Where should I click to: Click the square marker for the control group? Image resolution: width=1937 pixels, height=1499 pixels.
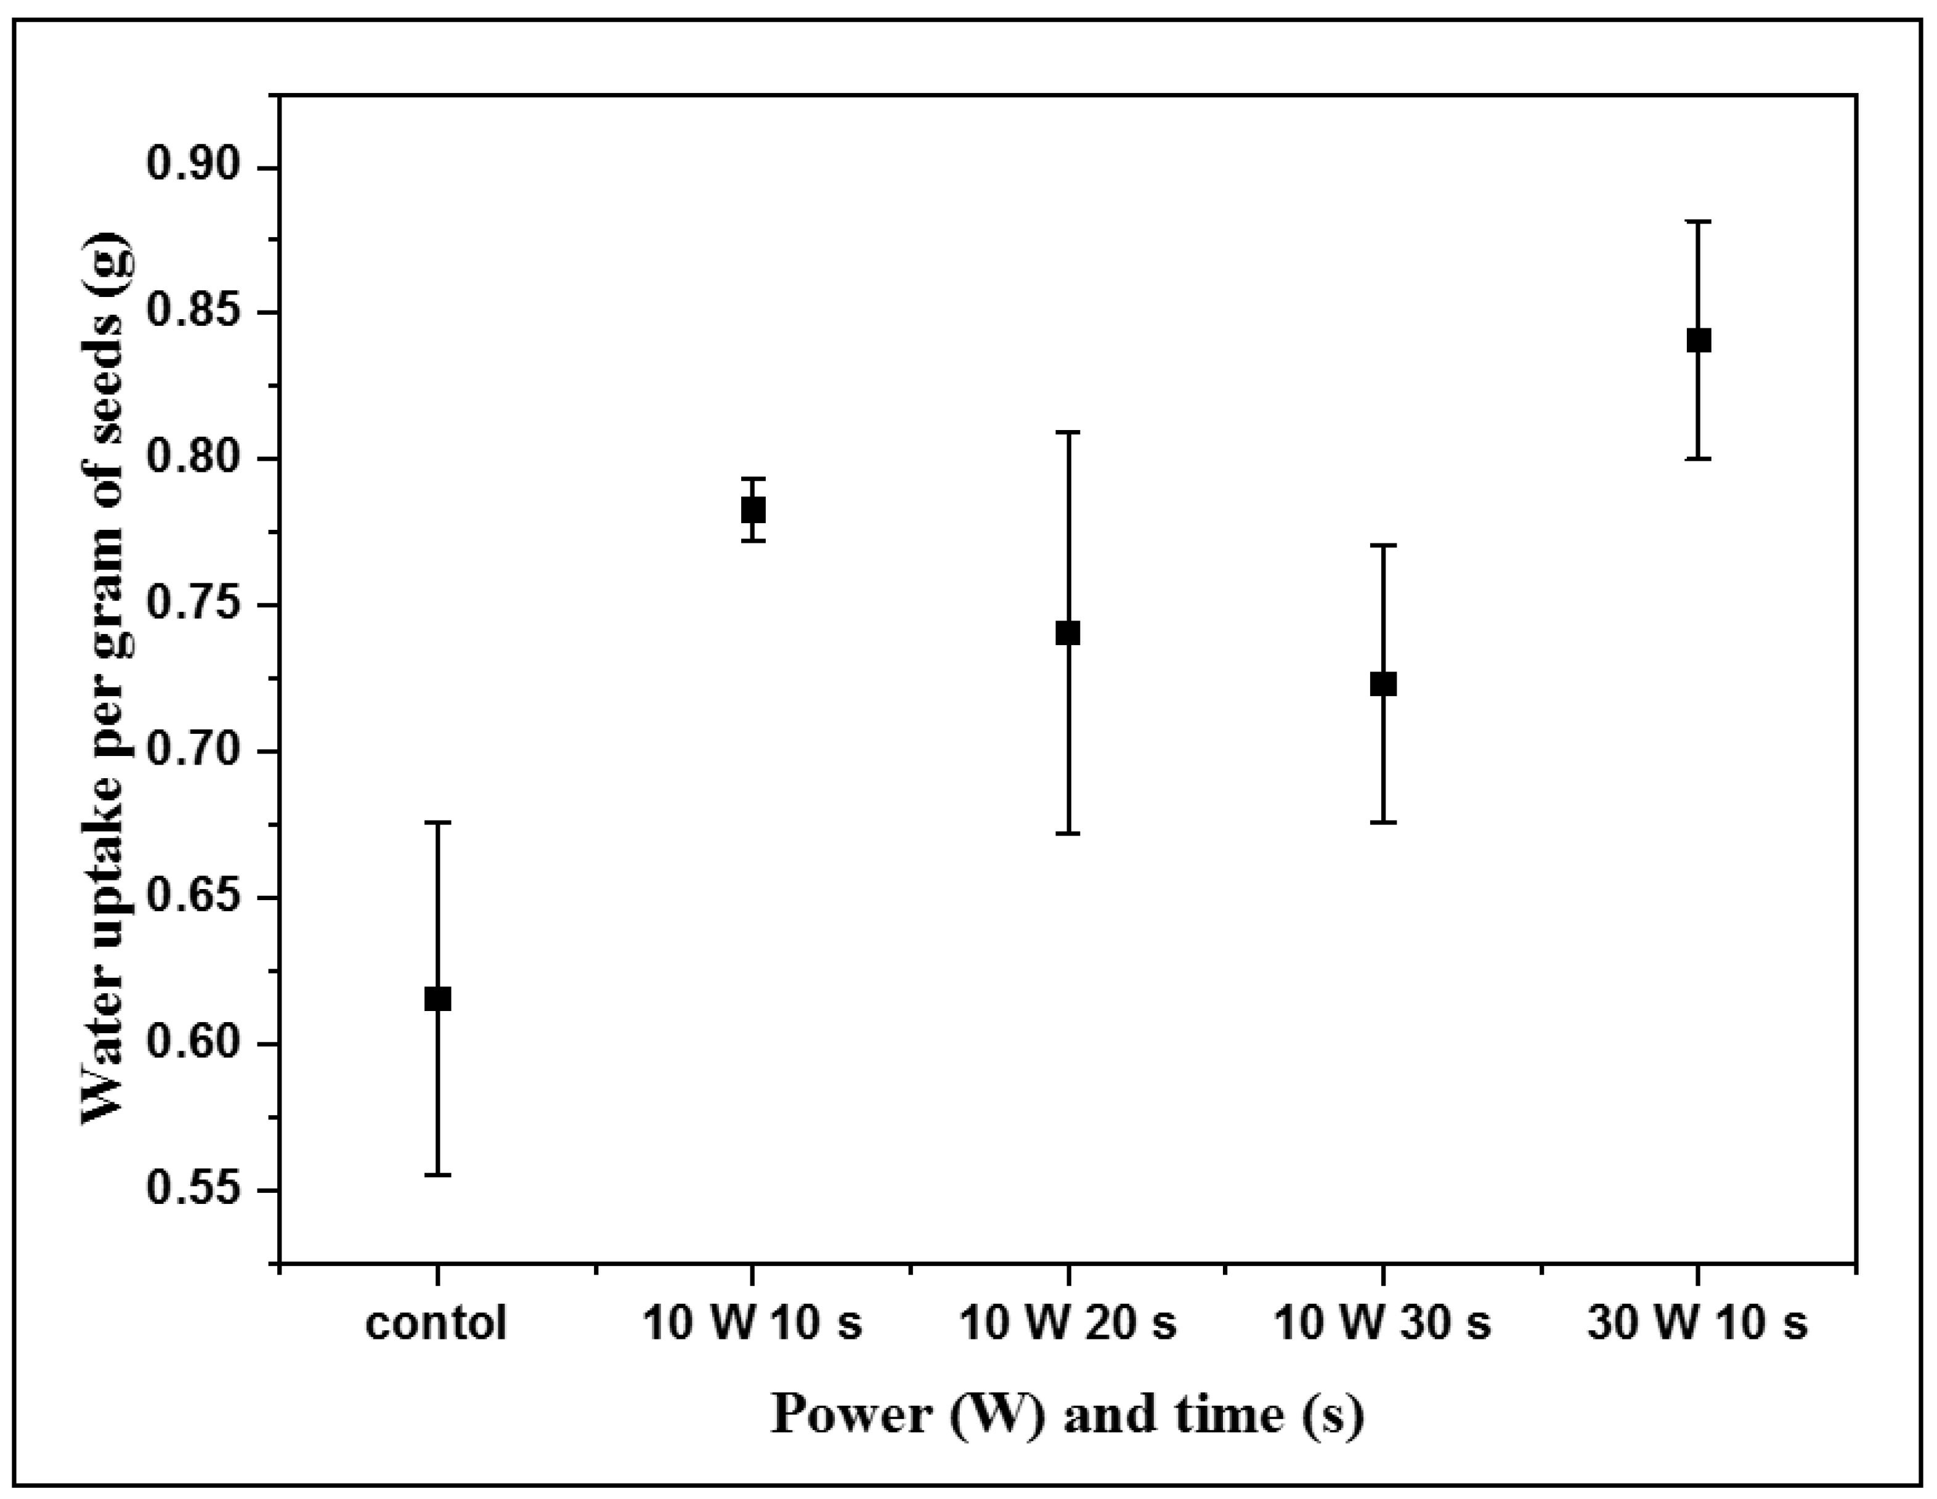[x=437, y=999]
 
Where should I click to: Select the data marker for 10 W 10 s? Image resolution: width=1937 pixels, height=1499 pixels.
[x=753, y=510]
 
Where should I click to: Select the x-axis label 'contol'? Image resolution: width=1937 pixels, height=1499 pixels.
[x=436, y=1323]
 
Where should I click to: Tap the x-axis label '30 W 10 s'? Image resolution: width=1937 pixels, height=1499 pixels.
[x=1697, y=1323]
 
